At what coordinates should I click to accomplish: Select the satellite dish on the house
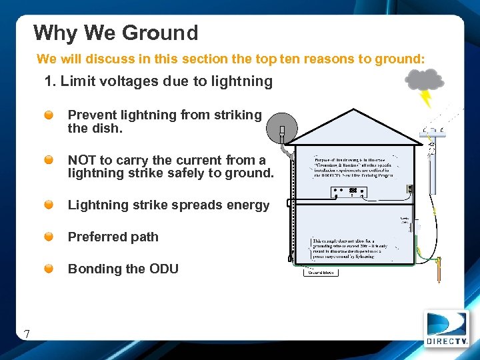(x=281, y=129)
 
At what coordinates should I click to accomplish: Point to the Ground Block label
(x=321, y=272)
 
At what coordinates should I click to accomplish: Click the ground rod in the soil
(x=439, y=271)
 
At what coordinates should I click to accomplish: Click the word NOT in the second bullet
(x=81, y=160)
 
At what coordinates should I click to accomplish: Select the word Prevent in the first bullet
(x=90, y=115)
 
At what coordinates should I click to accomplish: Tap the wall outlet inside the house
(x=411, y=189)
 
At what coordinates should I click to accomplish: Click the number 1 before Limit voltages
(x=48, y=82)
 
